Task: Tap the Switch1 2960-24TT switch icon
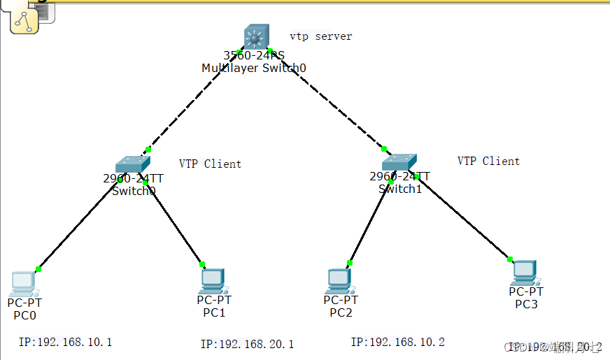[399, 162]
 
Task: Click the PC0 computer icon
[23, 283]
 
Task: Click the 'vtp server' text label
[320, 36]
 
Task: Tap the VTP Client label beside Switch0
[210, 164]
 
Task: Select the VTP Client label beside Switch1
[488, 161]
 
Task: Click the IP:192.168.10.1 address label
[66, 342]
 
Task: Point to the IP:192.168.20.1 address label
[247, 344]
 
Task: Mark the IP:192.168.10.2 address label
[397, 342]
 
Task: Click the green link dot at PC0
[38, 269]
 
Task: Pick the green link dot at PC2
[350, 263]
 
